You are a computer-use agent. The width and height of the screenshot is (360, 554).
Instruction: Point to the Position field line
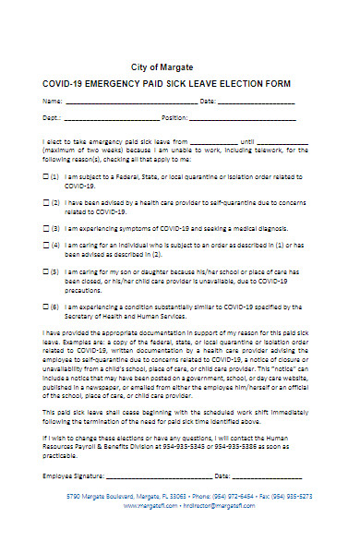(243, 120)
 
